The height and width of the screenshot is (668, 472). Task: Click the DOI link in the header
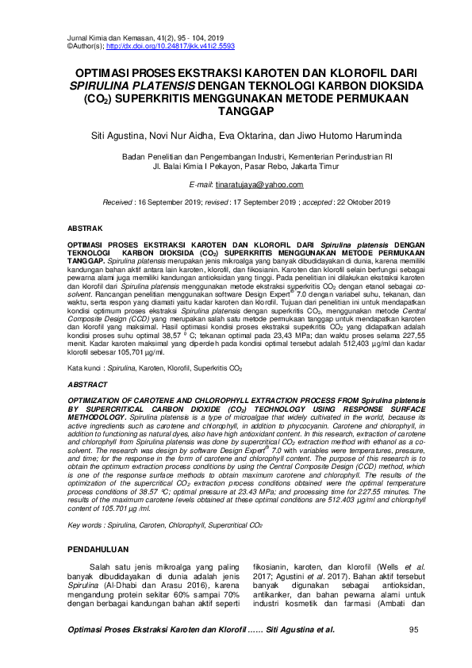(x=159, y=46)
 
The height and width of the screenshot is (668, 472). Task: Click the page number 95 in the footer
(x=413, y=630)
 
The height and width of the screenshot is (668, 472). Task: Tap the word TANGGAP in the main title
(x=236, y=113)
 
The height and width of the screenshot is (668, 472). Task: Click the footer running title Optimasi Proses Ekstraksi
(x=143, y=630)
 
